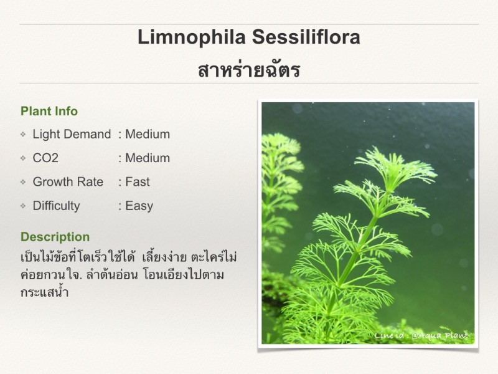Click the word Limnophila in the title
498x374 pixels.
(x=192, y=37)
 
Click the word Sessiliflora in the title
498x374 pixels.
(x=306, y=37)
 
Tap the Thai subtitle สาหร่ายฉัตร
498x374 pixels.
(x=249, y=70)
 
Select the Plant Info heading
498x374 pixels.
(x=49, y=112)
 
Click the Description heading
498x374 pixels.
(x=55, y=237)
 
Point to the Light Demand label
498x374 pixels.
(x=72, y=134)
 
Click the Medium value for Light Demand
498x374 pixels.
(x=148, y=134)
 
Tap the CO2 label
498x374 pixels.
(x=45, y=158)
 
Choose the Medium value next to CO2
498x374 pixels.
(x=148, y=158)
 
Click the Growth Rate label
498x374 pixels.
(x=68, y=182)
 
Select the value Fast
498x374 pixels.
(x=137, y=182)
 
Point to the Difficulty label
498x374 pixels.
(x=56, y=206)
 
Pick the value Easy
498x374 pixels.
(x=139, y=206)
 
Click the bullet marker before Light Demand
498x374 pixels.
(x=23, y=134)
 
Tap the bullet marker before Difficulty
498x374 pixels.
(x=23, y=206)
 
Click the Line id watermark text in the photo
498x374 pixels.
(x=421, y=335)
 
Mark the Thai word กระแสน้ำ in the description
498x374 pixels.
(x=44, y=292)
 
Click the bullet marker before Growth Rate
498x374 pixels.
(x=23, y=182)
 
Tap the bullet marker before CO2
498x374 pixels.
(x=23, y=158)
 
